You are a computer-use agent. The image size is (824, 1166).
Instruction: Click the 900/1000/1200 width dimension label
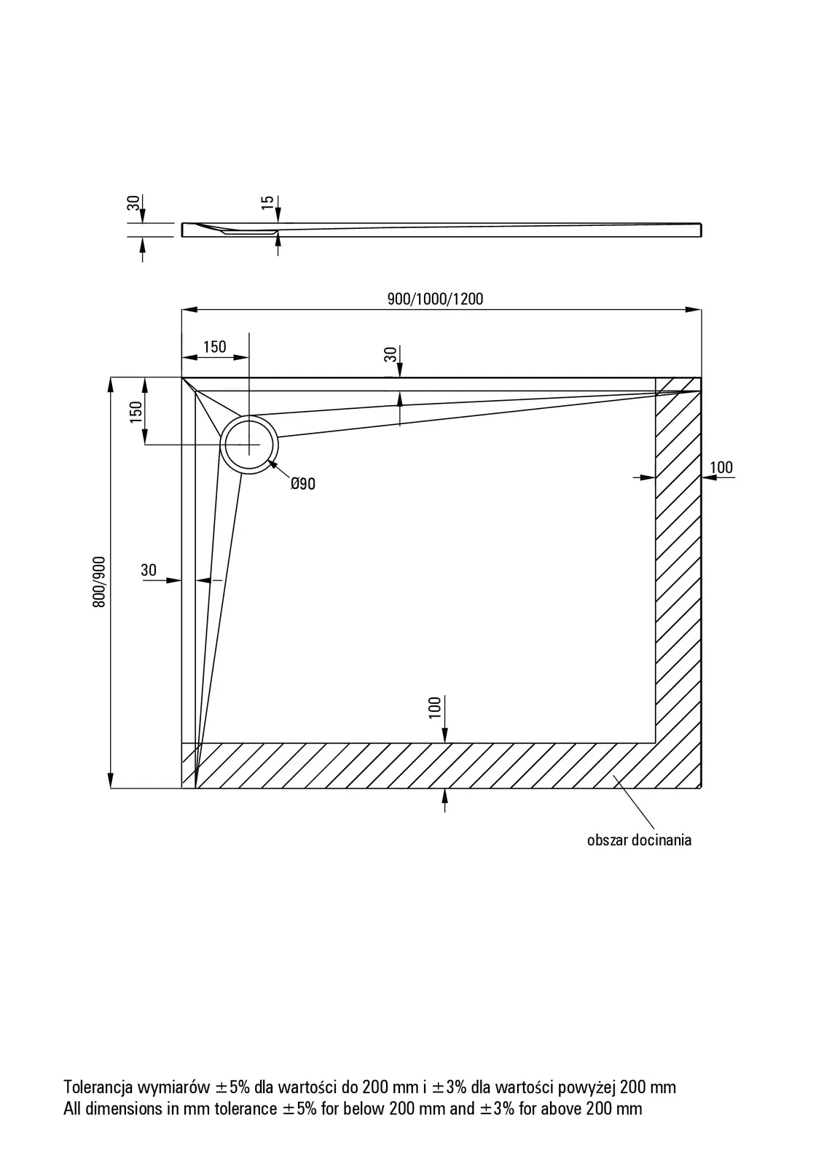tap(435, 299)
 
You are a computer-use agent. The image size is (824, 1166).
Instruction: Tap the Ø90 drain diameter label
tap(302, 484)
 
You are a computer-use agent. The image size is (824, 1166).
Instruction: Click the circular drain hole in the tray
tap(249, 445)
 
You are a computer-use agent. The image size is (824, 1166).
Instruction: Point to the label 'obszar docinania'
tap(639, 840)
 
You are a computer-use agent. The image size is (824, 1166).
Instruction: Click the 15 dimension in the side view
tap(267, 203)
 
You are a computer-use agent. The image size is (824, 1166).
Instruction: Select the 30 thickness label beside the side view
tap(133, 203)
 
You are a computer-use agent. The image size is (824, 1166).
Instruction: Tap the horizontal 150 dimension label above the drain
tap(214, 347)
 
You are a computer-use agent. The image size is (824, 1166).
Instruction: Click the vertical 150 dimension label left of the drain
tap(135, 412)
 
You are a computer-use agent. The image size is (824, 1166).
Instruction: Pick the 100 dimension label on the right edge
tap(721, 467)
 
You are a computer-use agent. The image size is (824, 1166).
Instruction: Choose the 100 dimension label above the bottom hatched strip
tap(435, 708)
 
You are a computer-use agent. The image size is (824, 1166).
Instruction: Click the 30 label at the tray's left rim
tap(149, 570)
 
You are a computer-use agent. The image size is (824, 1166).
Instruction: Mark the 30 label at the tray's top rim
tap(391, 355)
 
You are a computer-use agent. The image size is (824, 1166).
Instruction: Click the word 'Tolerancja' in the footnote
tap(97, 1087)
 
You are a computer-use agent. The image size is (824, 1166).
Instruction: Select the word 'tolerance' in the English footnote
tap(240, 1109)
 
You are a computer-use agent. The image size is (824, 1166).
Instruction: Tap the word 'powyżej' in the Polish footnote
tap(586, 1087)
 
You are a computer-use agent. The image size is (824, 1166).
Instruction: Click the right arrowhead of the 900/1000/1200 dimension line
tap(696, 310)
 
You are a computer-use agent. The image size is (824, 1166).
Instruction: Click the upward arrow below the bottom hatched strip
tap(444, 797)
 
